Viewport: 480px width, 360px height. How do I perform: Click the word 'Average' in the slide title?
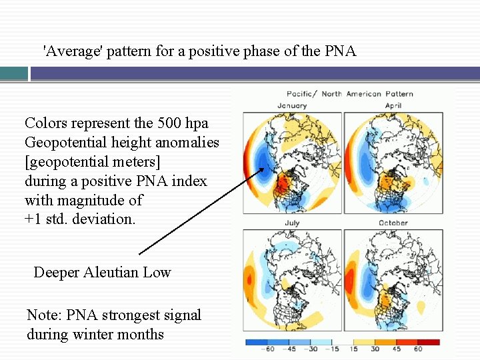[x=70, y=51]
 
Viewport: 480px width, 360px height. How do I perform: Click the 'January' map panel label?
[x=292, y=105]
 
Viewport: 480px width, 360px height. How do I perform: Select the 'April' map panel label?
[x=393, y=105]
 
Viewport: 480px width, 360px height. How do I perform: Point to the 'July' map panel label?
[x=292, y=223]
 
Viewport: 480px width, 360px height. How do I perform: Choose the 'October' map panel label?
[x=393, y=223]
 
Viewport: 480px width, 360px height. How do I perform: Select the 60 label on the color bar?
[x=418, y=349]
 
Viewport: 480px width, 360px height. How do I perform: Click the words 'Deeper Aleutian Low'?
[x=102, y=272]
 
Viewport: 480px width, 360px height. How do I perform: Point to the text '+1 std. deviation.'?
[x=79, y=219]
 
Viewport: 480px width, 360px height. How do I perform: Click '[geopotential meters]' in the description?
[x=93, y=161]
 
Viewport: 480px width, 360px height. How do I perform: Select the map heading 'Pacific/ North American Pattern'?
[x=350, y=94]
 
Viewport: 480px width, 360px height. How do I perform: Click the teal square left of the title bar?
[x=14, y=73]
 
